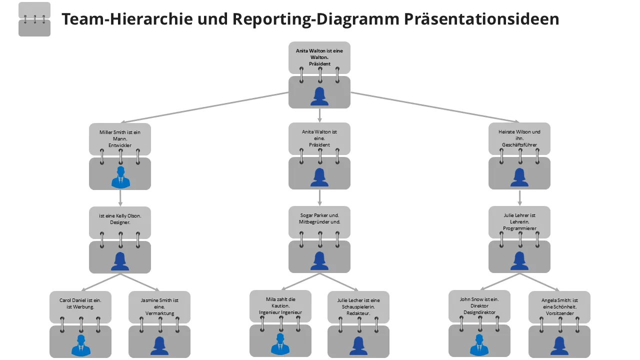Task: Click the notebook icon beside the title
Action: (34, 19)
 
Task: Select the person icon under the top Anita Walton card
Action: (319, 96)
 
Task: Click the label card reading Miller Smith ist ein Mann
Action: (120, 138)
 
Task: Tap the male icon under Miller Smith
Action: (120, 177)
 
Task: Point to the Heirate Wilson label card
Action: (519, 138)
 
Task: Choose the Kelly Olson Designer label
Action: (120, 219)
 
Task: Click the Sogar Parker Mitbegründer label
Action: (319, 218)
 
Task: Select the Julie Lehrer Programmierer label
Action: (519, 222)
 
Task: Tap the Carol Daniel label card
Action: (80, 303)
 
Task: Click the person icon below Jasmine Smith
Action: (159, 345)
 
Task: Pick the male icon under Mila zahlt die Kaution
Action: (280, 344)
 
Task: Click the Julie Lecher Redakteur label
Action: (358, 306)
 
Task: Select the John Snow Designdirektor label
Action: (479, 305)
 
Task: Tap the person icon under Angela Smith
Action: (559, 345)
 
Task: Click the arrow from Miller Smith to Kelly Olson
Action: (120, 197)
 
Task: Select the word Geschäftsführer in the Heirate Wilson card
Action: (519, 145)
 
